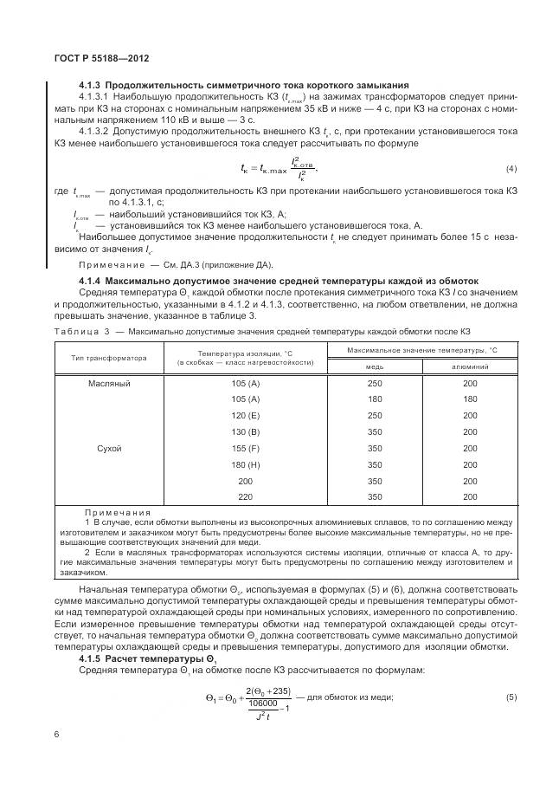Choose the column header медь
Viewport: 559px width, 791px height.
tap(374, 366)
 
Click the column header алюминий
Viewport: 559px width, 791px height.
tap(470, 366)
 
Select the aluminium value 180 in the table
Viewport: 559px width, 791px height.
tap(470, 399)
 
